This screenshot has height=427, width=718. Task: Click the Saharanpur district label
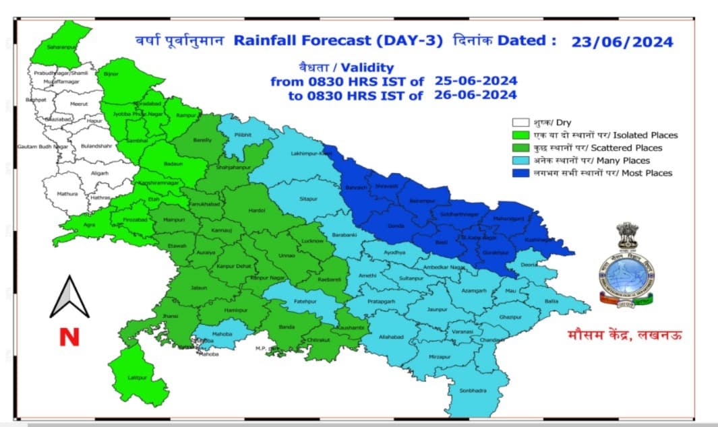62,46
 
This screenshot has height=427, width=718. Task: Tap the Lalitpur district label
138,377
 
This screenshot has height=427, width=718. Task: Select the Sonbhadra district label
473,391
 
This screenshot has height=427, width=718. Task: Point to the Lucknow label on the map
313,240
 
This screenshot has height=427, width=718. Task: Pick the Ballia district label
551,301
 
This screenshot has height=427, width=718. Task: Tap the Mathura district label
67,194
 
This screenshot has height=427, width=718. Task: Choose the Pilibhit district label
243,135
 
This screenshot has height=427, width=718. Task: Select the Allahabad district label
390,335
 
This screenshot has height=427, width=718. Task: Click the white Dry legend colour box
519,123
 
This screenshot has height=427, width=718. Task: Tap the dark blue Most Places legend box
519,173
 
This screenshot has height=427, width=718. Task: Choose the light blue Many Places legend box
519,160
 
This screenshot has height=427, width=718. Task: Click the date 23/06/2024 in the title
622,42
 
